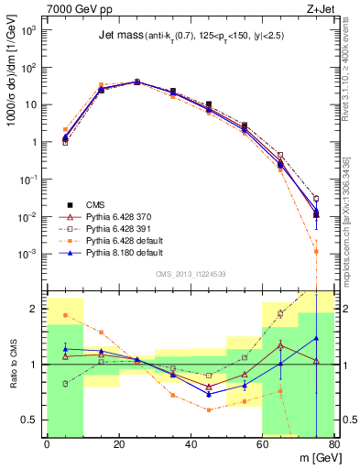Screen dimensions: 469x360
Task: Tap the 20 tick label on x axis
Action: tap(119, 444)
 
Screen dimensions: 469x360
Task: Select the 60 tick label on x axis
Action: tap(262, 444)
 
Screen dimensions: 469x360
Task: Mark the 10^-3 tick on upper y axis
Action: tap(29, 254)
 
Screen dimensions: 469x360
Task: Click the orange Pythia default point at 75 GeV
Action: tap(316, 250)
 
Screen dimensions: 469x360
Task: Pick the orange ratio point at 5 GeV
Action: tap(65, 315)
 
